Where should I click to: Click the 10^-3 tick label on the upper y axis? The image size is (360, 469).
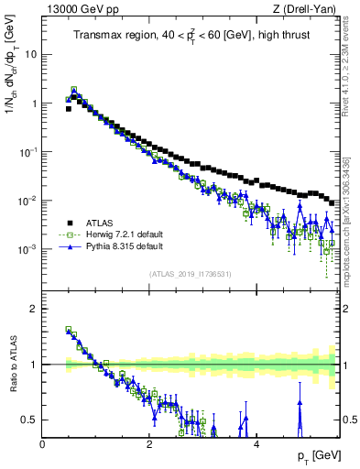(x=28, y=249)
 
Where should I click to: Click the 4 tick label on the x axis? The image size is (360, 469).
(x=256, y=443)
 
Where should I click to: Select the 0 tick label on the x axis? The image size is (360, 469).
(x=43, y=443)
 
